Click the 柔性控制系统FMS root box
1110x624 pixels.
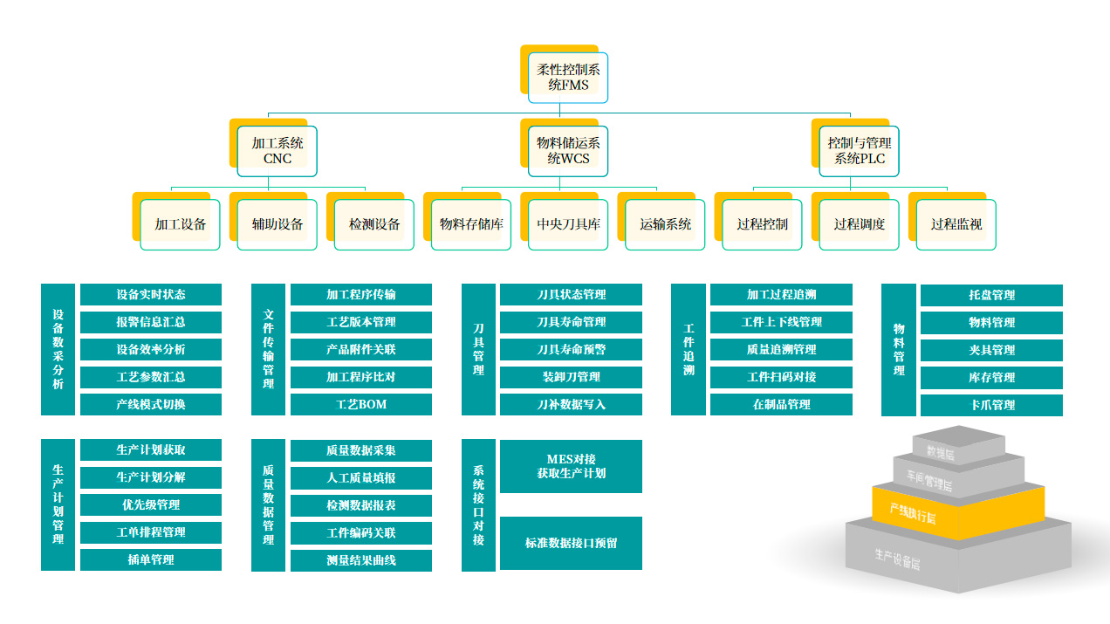pyautogui.click(x=568, y=78)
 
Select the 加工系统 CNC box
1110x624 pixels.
pyautogui.click(x=277, y=151)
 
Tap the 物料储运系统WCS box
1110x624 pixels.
pyautogui.click(x=568, y=151)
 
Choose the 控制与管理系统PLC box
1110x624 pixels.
pyautogui.click(x=860, y=151)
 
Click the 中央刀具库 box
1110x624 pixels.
pyautogui.click(x=568, y=224)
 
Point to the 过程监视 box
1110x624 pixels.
pyautogui.click(x=956, y=224)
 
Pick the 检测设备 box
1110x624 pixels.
pyautogui.click(x=374, y=224)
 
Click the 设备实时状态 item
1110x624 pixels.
pyautogui.click(x=151, y=295)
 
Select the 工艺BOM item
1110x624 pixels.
pyautogui.click(x=361, y=405)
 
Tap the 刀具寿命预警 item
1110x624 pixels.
pyautogui.click(x=571, y=350)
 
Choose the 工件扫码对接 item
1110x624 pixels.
pyautogui.click(x=781, y=377)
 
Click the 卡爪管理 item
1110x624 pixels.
pyautogui.click(x=991, y=405)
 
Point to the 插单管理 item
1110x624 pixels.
pyautogui.click(x=151, y=560)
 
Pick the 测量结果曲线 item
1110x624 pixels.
pyautogui.click(x=361, y=560)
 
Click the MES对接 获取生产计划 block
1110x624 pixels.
pyautogui.click(x=571, y=466)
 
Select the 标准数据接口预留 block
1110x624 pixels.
pyautogui.click(x=571, y=543)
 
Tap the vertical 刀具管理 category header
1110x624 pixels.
pyautogui.click(x=478, y=349)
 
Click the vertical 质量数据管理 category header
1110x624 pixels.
pyautogui.click(x=268, y=505)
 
